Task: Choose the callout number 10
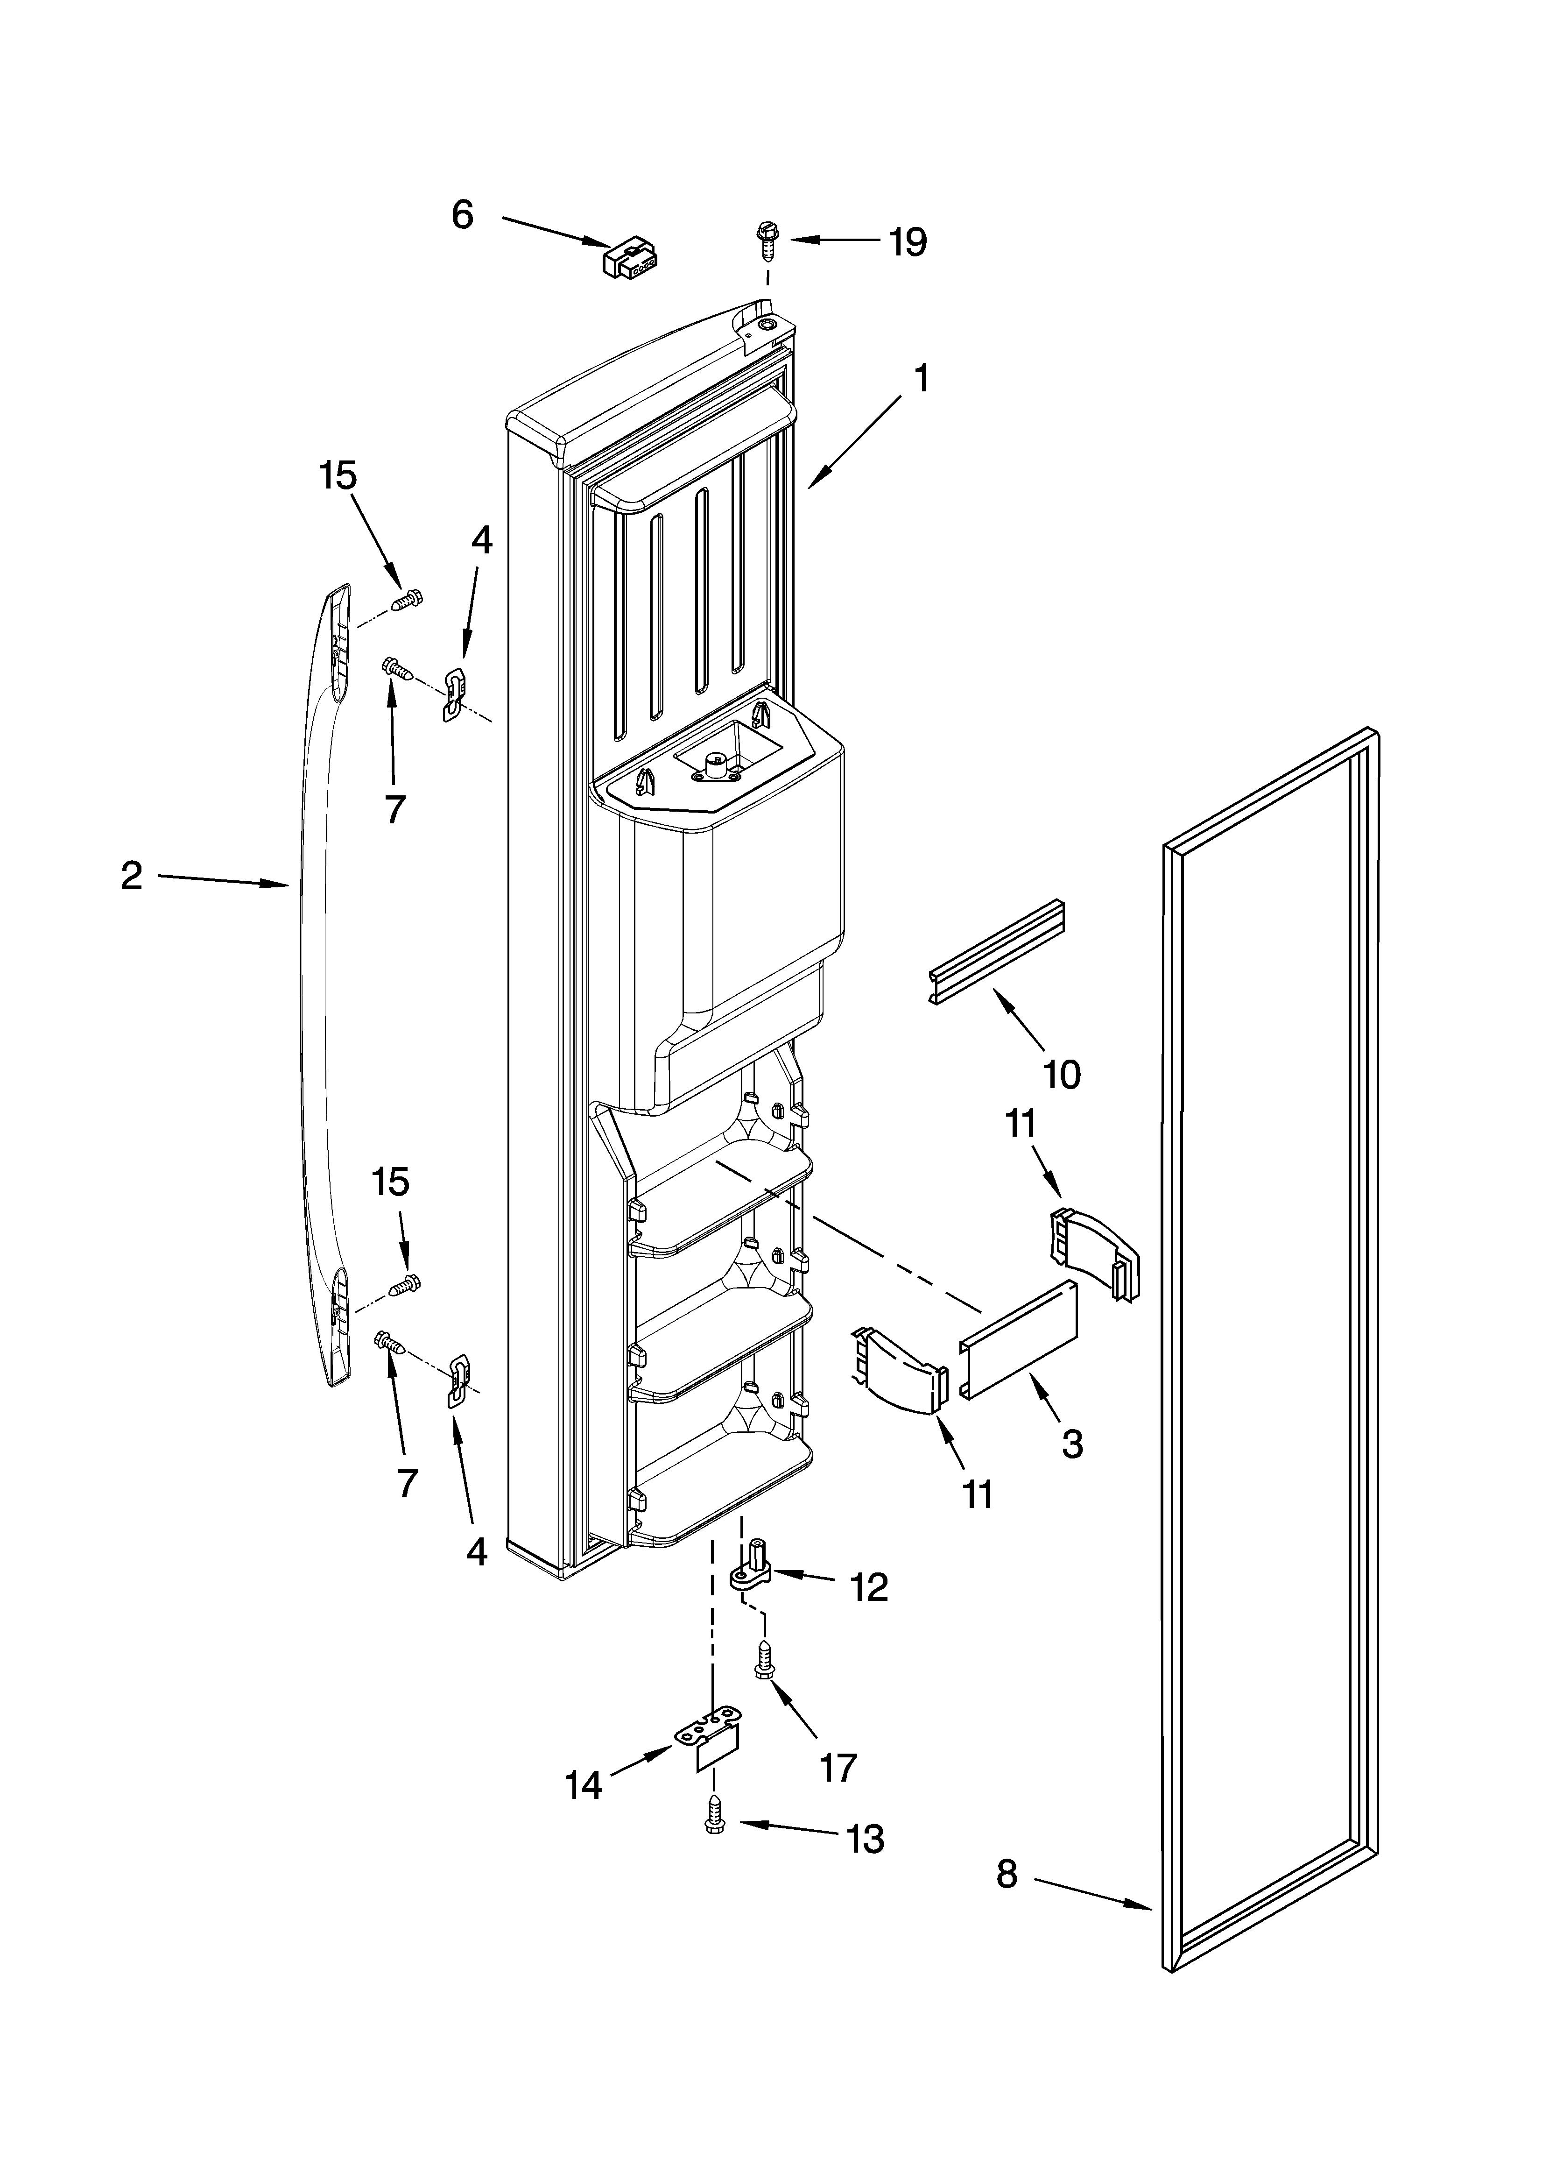point(1061,1075)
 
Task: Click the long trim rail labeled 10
point(997,952)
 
